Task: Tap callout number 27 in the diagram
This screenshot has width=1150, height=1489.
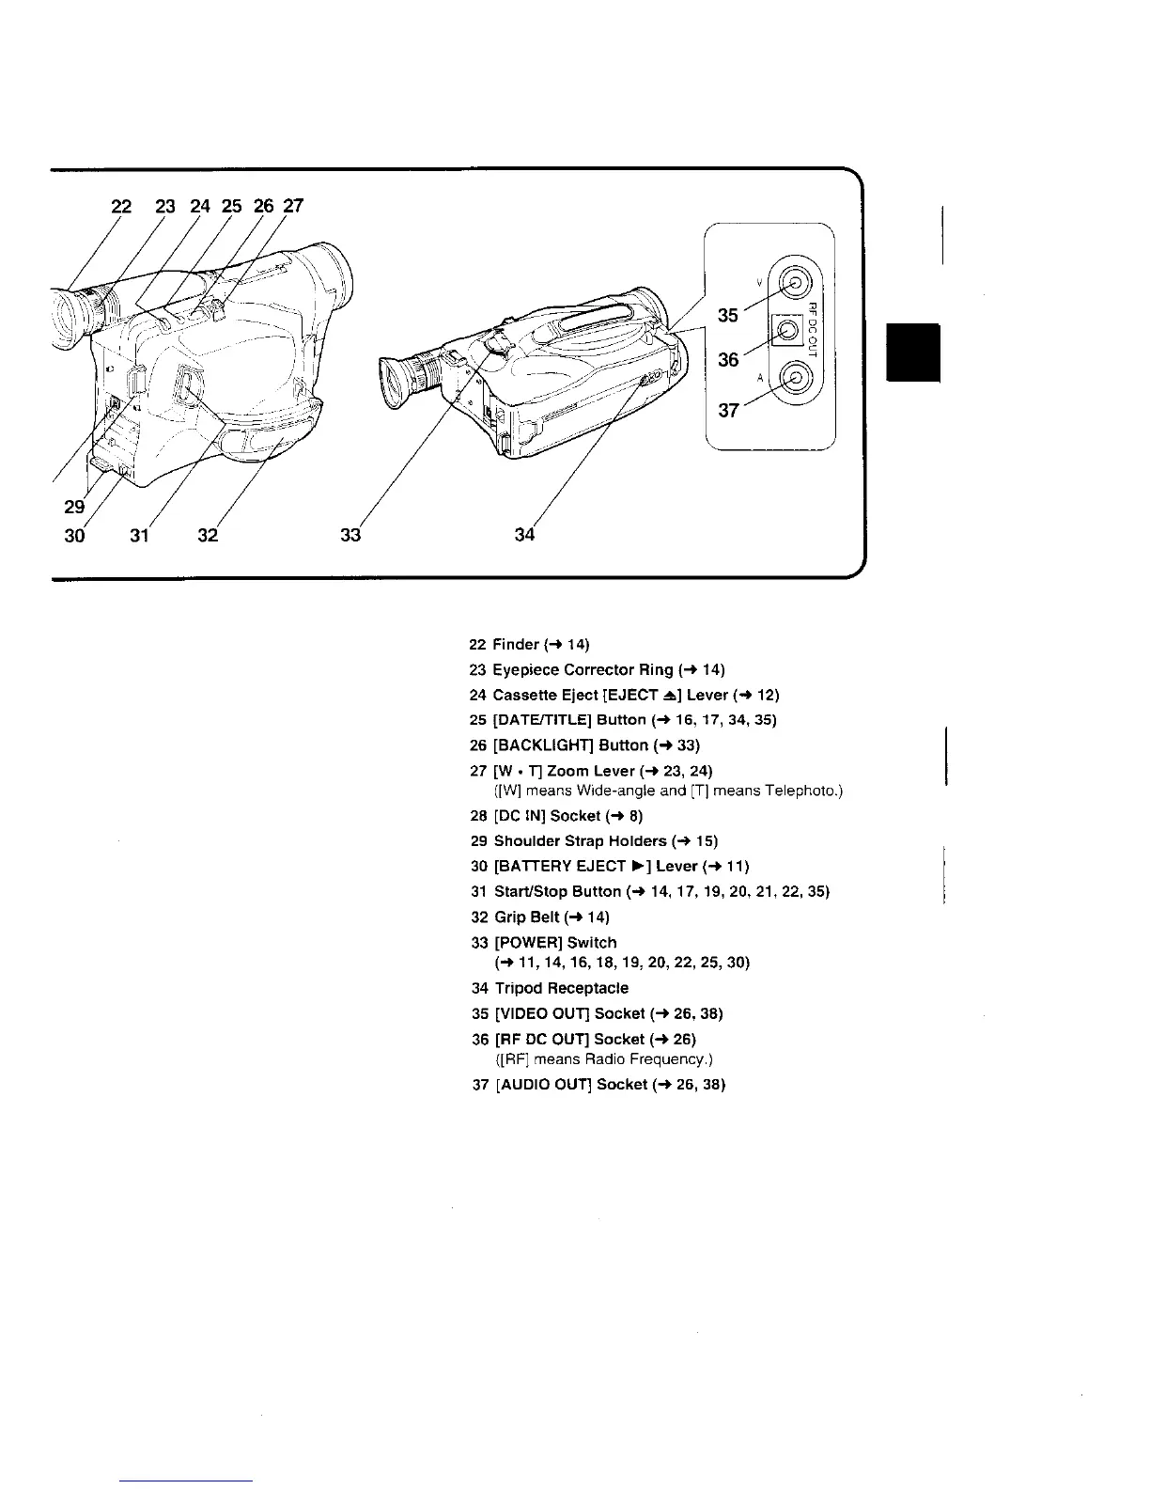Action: pos(294,206)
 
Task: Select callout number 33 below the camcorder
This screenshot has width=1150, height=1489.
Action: pos(350,536)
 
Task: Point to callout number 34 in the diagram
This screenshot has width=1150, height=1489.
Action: pos(524,536)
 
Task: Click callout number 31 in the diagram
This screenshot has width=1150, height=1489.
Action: pos(139,536)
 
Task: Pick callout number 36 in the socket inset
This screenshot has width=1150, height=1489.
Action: pos(728,359)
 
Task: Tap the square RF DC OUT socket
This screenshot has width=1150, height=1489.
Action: pos(787,329)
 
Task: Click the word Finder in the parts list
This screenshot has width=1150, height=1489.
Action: pos(517,645)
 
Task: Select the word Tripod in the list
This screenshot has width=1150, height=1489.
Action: pos(522,988)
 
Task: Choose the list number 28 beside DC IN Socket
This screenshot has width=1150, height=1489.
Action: pos(476,816)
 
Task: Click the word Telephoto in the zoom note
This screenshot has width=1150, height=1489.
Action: pos(800,792)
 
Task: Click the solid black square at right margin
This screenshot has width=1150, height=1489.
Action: pos(912,351)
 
